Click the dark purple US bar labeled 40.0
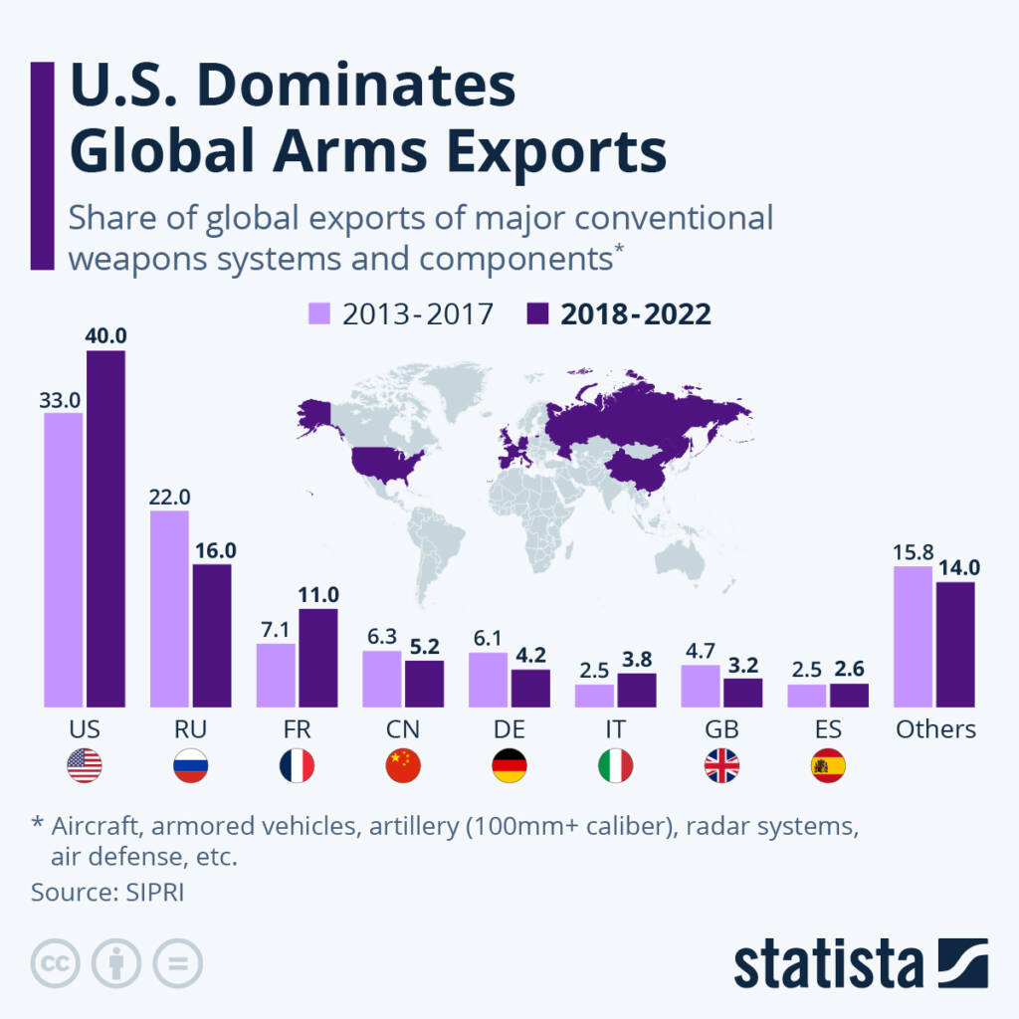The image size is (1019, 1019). click(105, 527)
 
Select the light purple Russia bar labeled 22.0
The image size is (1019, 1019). click(169, 608)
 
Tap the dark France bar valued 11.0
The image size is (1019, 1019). click(318, 657)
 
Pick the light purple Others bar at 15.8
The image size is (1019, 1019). click(913, 636)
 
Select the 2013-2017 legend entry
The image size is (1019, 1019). click(398, 314)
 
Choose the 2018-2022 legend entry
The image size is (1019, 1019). click(618, 314)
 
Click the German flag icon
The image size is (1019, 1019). click(509, 765)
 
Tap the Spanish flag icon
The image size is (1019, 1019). click(828, 765)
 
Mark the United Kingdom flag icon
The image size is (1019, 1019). click(721, 765)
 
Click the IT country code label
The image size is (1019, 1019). click(615, 729)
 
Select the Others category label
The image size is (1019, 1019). click(935, 729)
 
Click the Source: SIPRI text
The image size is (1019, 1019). click(107, 892)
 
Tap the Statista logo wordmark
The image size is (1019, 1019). click(828, 963)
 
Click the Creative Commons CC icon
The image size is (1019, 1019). click(56, 963)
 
